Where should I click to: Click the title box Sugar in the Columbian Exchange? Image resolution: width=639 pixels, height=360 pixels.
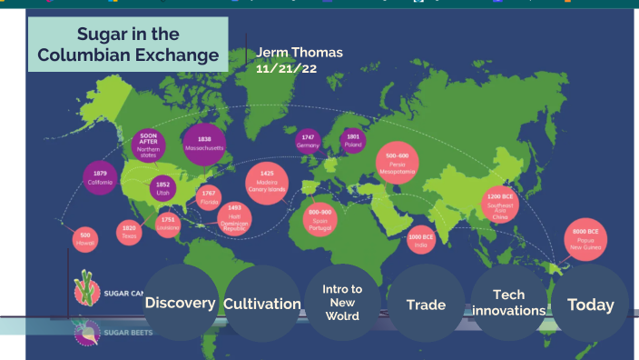tap(127, 45)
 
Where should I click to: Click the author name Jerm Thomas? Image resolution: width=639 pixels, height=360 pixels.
tap(300, 53)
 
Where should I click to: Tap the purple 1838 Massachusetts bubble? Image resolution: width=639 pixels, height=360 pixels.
tap(204, 144)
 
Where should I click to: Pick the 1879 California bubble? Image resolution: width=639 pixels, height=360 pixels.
tap(100, 178)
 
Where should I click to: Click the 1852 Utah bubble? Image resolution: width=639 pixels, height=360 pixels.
tap(163, 188)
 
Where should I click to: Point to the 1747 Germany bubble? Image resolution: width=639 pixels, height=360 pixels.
tap(308, 140)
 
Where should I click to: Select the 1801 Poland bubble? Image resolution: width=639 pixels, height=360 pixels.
tap(353, 140)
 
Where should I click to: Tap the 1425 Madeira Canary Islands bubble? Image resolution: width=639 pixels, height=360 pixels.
tap(267, 180)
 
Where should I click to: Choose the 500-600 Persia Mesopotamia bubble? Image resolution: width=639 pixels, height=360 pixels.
tap(398, 163)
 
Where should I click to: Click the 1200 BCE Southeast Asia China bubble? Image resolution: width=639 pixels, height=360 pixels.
tap(500, 205)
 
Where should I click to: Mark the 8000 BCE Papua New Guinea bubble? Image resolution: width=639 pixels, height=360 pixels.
tap(584, 240)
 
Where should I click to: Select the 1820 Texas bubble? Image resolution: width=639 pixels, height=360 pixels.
tap(129, 232)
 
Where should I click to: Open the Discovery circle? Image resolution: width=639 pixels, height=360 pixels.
tap(180, 303)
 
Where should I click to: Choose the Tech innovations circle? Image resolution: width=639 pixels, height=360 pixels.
tap(508, 303)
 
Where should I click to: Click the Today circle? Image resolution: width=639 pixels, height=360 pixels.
tap(590, 305)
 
